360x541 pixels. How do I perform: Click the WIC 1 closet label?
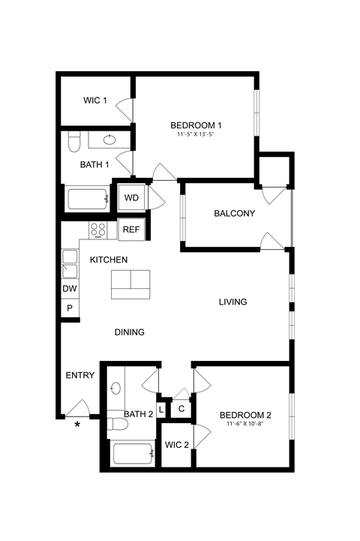(94, 101)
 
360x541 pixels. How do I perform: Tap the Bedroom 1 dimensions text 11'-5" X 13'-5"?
(195, 135)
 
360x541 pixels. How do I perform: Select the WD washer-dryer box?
(131, 198)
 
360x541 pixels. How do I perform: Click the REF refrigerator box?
(130, 230)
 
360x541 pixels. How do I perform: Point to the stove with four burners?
(98, 230)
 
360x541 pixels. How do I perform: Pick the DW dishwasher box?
(70, 289)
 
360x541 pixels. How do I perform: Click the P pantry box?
(70, 308)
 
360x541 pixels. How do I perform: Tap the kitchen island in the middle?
(130, 282)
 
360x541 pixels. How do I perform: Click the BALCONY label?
(234, 213)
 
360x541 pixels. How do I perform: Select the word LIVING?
(232, 302)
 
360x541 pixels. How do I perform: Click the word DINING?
(129, 332)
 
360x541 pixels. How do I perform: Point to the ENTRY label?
(80, 375)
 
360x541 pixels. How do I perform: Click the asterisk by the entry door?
(76, 426)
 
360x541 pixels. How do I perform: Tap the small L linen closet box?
(161, 409)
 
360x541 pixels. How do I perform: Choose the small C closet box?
(182, 409)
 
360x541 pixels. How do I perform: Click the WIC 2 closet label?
(176, 444)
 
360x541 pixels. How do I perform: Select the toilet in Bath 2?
(117, 425)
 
